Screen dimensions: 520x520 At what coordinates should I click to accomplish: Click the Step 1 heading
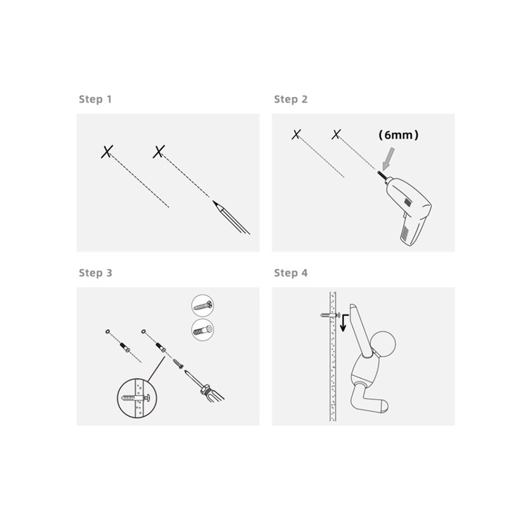[95, 99]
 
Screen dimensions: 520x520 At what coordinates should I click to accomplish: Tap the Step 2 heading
[291, 99]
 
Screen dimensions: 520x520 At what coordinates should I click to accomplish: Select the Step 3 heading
[96, 273]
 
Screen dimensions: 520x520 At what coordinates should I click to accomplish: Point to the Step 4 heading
[291, 273]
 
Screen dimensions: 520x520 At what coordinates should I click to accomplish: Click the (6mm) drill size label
[398, 135]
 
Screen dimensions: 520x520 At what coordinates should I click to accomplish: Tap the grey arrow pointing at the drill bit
[388, 159]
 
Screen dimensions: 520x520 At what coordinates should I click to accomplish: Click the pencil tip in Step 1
[214, 202]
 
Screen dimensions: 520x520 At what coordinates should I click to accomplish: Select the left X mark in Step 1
[107, 152]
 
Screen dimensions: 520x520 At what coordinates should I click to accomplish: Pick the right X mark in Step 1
[159, 152]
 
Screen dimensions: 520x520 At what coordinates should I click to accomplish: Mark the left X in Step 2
[296, 134]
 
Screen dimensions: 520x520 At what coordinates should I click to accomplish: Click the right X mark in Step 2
[336, 134]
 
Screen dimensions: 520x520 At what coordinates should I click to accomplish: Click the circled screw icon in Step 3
[202, 305]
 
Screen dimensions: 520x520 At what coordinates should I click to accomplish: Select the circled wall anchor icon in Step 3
[202, 330]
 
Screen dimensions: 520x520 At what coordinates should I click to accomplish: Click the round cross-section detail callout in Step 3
[137, 398]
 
